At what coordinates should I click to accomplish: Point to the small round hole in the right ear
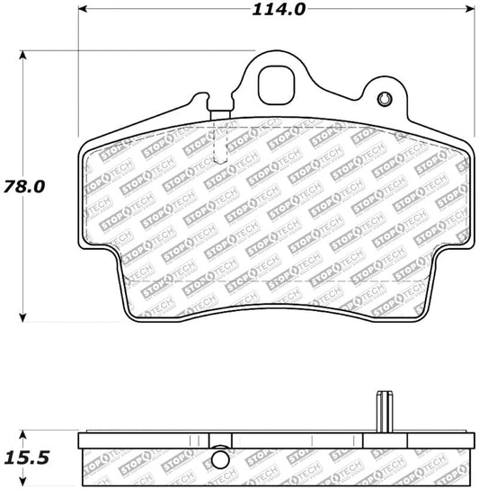385,99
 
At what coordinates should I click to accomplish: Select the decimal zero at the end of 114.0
299,10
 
